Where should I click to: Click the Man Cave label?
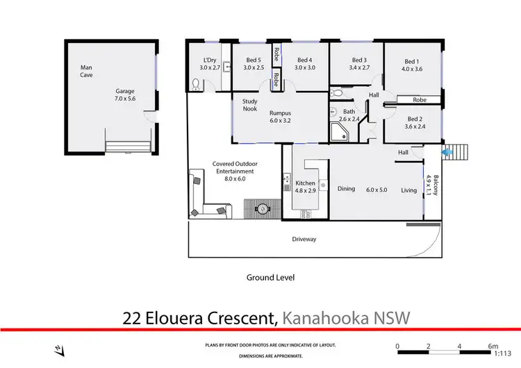point(86,71)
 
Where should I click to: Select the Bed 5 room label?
point(253,64)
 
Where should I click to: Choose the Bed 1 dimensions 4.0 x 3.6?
point(411,69)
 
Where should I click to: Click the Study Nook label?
point(249,105)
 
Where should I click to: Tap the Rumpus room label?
point(280,113)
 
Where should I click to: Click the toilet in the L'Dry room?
point(196,85)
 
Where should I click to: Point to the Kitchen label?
point(305,183)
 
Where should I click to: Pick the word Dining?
point(346,189)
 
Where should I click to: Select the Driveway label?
point(304,240)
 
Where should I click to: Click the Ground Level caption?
point(270,277)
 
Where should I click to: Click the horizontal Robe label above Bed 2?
point(420,100)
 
